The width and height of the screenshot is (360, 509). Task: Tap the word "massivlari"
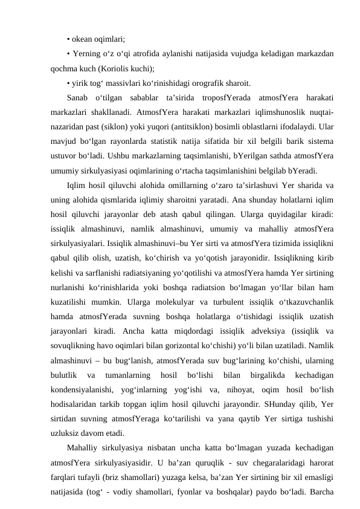tap(135, 83)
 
